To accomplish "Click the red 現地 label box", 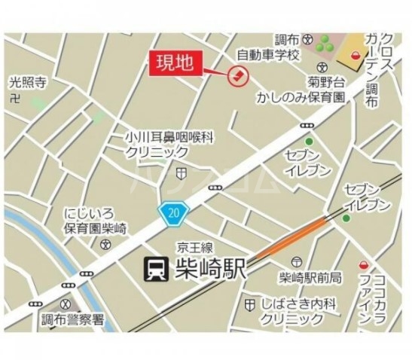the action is (178, 63).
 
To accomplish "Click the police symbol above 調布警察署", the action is (68, 303).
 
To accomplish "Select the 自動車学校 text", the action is (268, 54).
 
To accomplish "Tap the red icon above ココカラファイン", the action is (364, 265).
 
